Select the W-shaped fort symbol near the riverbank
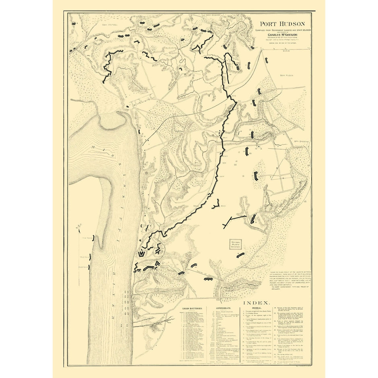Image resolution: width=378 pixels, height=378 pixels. pos(142,254)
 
